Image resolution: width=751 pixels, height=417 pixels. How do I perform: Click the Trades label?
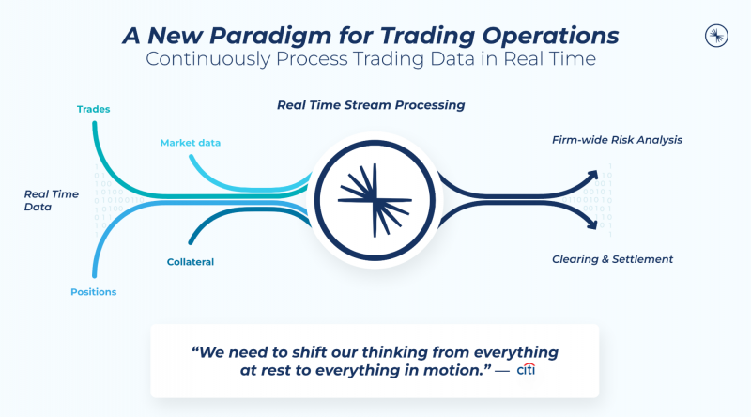tap(93, 109)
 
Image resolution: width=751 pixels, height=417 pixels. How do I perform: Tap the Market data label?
tap(191, 143)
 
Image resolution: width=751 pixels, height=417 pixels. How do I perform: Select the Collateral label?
tap(191, 262)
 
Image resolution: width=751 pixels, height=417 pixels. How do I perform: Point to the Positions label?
tap(93, 292)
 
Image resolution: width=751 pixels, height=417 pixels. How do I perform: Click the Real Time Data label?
tap(52, 200)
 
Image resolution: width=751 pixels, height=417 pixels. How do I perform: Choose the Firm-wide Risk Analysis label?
tap(617, 140)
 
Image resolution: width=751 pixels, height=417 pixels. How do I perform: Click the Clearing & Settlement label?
tap(612, 259)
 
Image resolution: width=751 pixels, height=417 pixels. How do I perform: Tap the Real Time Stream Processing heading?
tap(371, 105)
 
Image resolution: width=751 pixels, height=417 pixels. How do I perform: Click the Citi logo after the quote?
tap(526, 369)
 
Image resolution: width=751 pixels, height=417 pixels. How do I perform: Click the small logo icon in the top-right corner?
tap(716, 36)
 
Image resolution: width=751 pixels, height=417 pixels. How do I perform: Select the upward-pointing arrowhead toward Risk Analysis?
tap(593, 176)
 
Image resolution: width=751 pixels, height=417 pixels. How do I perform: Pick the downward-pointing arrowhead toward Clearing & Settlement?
tap(592, 224)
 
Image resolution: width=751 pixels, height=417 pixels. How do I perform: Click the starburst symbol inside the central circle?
tap(375, 200)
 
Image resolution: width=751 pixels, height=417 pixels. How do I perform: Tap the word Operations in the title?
tap(550, 36)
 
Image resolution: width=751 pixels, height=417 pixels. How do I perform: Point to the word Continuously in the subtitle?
tap(208, 59)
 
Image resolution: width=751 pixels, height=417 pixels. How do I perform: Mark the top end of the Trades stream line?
tap(95, 124)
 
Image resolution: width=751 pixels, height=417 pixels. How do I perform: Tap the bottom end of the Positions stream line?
tap(95, 275)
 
